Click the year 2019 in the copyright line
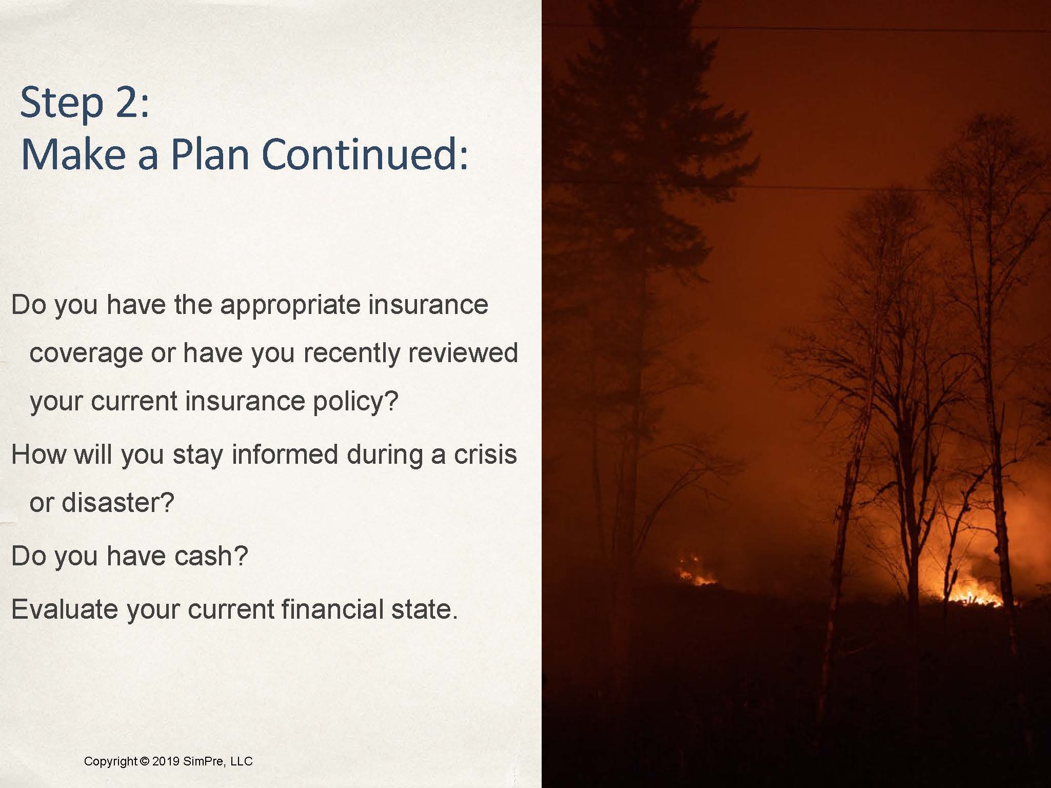point(166,761)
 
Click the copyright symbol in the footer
point(144,761)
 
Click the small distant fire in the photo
point(697,572)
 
